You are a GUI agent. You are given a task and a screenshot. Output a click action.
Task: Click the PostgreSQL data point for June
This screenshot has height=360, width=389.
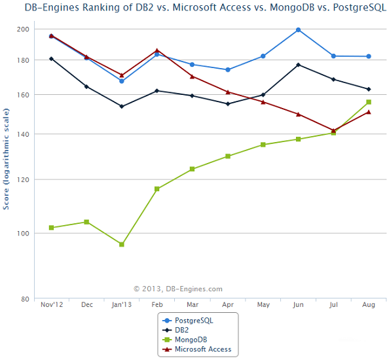click(x=298, y=30)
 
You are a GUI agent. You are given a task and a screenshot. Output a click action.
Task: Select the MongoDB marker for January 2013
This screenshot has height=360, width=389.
click(x=122, y=244)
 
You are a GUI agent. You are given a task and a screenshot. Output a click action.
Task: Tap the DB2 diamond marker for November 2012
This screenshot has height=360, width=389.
click(x=51, y=59)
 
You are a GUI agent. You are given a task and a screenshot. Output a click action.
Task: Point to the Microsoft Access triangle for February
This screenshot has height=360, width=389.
click(x=157, y=50)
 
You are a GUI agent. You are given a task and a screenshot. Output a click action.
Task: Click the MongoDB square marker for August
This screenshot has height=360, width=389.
click(x=369, y=102)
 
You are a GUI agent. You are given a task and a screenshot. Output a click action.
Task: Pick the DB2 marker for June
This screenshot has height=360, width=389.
click(x=298, y=65)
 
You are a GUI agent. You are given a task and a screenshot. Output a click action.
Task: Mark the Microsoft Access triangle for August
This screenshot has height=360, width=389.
click(x=369, y=112)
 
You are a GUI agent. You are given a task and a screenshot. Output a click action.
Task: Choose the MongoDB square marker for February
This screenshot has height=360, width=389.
click(x=157, y=189)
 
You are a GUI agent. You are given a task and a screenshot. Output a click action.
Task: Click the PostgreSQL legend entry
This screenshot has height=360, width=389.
click(x=188, y=321)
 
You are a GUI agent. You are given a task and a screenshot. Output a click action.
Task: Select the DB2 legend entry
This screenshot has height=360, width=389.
click(x=176, y=330)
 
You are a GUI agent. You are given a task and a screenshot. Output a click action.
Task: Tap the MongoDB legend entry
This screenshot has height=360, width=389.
click(x=185, y=340)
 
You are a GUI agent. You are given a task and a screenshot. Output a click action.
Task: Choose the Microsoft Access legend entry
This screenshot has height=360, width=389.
click(x=196, y=349)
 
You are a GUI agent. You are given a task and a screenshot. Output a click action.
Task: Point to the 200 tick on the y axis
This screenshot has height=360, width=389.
click(x=23, y=29)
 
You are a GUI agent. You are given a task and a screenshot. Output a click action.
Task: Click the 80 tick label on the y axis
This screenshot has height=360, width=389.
click(x=26, y=299)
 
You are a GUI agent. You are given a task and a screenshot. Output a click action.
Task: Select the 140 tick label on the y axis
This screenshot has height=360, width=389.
click(x=23, y=134)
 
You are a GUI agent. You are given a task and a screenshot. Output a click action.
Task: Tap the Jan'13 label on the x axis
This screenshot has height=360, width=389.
click(x=122, y=305)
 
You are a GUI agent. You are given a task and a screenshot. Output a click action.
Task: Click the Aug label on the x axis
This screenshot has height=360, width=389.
click(x=369, y=305)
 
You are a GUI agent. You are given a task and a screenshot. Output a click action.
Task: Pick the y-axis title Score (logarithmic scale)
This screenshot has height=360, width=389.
click(x=6, y=159)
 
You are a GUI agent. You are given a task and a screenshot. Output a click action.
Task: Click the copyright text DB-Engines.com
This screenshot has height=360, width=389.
click(x=194, y=289)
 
